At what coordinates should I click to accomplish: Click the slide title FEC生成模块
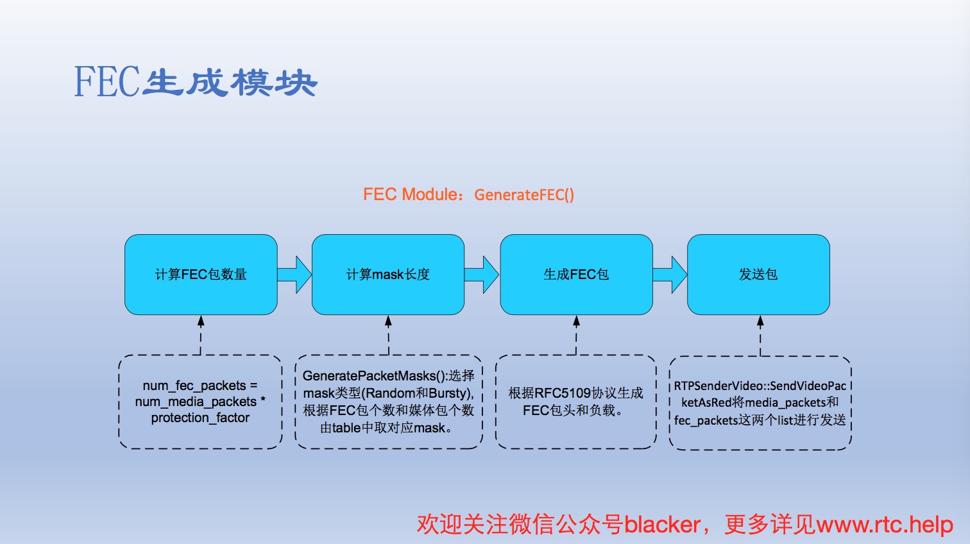(x=196, y=82)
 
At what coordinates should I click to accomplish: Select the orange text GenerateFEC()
(x=524, y=195)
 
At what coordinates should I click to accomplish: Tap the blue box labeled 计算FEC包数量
(x=201, y=275)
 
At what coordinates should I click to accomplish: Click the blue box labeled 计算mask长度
(x=387, y=275)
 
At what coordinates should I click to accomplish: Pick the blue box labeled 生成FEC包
(x=576, y=275)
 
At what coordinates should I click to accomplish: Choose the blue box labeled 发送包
(x=758, y=275)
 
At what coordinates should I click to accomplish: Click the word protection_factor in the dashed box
(x=200, y=418)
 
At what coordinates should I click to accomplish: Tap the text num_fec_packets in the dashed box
(x=194, y=386)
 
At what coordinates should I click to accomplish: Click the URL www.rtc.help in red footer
(x=885, y=524)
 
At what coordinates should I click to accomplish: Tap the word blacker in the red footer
(x=662, y=524)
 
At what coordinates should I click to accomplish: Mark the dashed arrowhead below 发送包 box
(x=760, y=321)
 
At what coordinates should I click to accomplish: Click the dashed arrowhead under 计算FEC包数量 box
(x=201, y=321)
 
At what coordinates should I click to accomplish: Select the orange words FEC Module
(x=410, y=194)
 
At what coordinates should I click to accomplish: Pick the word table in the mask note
(x=346, y=428)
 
